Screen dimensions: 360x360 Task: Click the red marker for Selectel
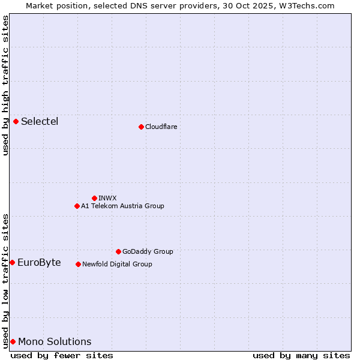point(16,122)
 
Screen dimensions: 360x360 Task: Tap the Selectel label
point(40,122)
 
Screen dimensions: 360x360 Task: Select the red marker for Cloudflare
point(141,127)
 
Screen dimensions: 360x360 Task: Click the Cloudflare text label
point(161,127)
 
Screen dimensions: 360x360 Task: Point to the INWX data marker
point(94,198)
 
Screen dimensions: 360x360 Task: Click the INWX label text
point(107,198)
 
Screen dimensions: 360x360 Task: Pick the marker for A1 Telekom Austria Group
point(77,206)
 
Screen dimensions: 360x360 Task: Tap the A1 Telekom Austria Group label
point(122,206)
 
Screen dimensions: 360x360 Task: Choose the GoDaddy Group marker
point(118,251)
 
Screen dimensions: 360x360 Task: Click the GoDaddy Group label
point(147,251)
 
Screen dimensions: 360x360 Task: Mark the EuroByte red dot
point(12,262)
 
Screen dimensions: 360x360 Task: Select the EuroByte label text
point(39,262)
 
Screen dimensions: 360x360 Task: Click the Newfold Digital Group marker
point(78,264)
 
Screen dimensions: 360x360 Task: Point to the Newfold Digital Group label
point(117,264)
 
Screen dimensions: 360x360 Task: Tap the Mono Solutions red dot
point(13,341)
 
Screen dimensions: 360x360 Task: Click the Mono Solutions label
point(55,341)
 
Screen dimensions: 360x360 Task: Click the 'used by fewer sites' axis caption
point(62,356)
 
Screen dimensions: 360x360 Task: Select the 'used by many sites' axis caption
point(301,356)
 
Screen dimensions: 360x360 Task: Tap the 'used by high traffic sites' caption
point(5,85)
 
